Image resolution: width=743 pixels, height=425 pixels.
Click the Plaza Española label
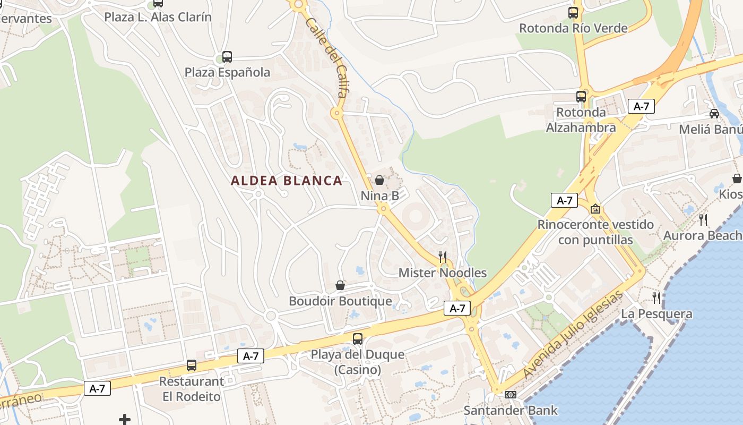(227, 72)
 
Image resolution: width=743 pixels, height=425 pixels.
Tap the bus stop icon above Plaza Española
(227, 56)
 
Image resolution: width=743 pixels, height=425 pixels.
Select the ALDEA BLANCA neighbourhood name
(287, 181)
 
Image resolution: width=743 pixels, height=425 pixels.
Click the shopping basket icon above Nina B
(379, 180)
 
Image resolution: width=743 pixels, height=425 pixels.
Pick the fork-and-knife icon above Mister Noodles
(443, 257)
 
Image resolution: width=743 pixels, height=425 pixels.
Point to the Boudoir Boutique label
(340, 301)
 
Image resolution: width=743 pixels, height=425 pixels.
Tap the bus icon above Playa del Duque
(358, 338)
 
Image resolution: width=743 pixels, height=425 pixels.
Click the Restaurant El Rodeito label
(192, 389)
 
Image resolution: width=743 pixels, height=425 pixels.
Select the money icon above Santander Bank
(511, 395)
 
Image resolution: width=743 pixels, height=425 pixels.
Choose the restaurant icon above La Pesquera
(657, 297)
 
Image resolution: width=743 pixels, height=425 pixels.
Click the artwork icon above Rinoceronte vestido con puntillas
(595, 209)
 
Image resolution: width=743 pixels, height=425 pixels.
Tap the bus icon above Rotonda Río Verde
(573, 12)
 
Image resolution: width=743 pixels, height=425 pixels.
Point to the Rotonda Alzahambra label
(581, 120)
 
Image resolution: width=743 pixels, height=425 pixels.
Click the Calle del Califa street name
(326, 57)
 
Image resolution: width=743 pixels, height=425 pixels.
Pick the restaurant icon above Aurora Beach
(703, 220)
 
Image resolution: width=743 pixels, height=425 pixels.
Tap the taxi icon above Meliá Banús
(714, 114)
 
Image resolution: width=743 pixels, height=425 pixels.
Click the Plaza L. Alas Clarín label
(158, 17)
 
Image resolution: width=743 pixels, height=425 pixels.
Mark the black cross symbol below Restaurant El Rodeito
(125, 420)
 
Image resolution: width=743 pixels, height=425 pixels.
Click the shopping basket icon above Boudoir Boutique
(340, 285)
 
